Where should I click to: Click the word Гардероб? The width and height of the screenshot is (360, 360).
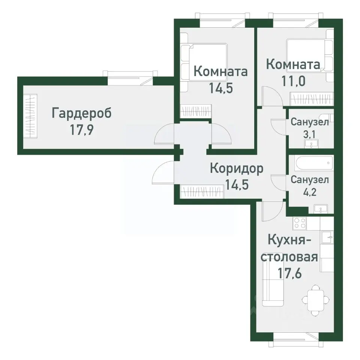[x=82, y=113]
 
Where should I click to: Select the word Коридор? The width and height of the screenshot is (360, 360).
[x=237, y=168]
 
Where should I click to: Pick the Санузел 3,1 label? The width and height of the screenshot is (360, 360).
[x=310, y=122]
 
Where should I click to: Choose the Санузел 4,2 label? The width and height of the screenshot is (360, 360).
[x=310, y=180]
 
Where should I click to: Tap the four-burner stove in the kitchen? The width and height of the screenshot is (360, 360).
[x=300, y=223]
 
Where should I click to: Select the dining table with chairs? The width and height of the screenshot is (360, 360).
[x=316, y=300]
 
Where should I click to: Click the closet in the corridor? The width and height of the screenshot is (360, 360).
[x=202, y=192]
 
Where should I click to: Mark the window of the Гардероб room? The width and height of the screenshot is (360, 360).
[x=130, y=78]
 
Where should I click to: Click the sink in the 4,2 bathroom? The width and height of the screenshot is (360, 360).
[x=321, y=209]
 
